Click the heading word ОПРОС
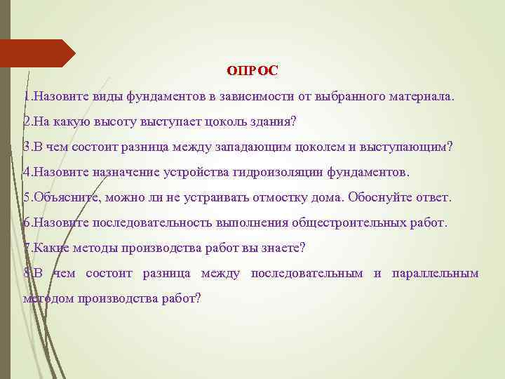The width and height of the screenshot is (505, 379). (x=252, y=70)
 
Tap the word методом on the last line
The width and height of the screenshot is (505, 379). (x=49, y=298)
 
